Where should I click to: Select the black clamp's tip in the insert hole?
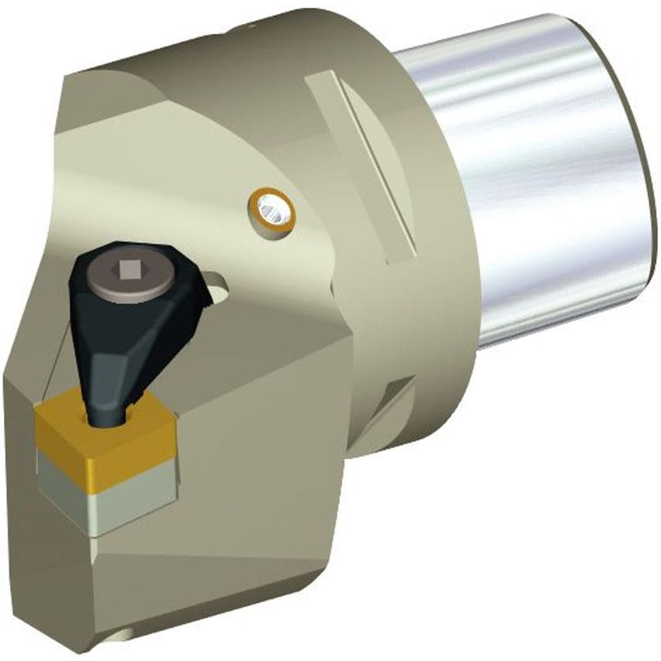(x=107, y=419)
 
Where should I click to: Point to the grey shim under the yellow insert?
(x=108, y=495)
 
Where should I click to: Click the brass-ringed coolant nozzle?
(x=272, y=209)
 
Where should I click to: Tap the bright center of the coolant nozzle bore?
(x=272, y=207)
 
